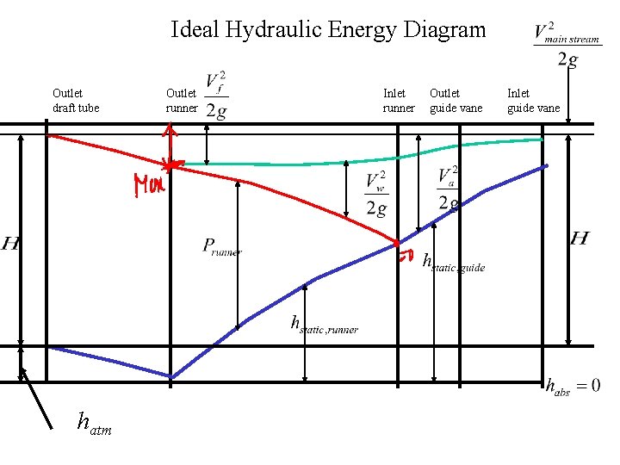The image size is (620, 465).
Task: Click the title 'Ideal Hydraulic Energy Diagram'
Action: pyautogui.click(x=328, y=30)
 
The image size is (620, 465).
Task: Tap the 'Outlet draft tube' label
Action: pyautogui.click(x=76, y=100)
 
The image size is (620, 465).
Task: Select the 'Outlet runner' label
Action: pyautogui.click(x=182, y=100)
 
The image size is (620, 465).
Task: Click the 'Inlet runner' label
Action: pyautogui.click(x=399, y=100)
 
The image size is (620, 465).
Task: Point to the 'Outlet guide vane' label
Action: pyautogui.click(x=456, y=100)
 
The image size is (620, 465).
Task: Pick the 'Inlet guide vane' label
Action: pyautogui.click(x=533, y=100)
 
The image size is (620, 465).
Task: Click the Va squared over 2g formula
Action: pyautogui.click(x=448, y=189)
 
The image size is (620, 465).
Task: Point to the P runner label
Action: pyautogui.click(x=222, y=247)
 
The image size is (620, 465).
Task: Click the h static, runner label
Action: pyautogui.click(x=324, y=325)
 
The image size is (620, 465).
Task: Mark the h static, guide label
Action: pyautogui.click(x=454, y=262)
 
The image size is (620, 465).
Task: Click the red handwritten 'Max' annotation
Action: pyautogui.click(x=148, y=185)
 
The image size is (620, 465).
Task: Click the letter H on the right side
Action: pyautogui.click(x=580, y=238)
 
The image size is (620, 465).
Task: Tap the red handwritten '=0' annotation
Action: pyautogui.click(x=406, y=256)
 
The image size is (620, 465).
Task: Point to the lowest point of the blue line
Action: pyautogui.click(x=170, y=377)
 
